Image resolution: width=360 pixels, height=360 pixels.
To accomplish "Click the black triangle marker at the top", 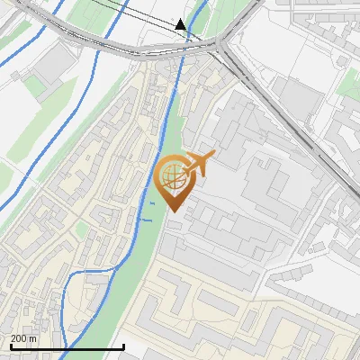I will tap(181, 24).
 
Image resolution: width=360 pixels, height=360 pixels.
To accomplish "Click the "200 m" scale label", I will tap(23, 338).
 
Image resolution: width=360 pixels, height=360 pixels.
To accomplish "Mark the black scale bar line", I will tap(67, 346).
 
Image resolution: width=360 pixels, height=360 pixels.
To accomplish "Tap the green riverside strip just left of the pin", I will tap(148, 193).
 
